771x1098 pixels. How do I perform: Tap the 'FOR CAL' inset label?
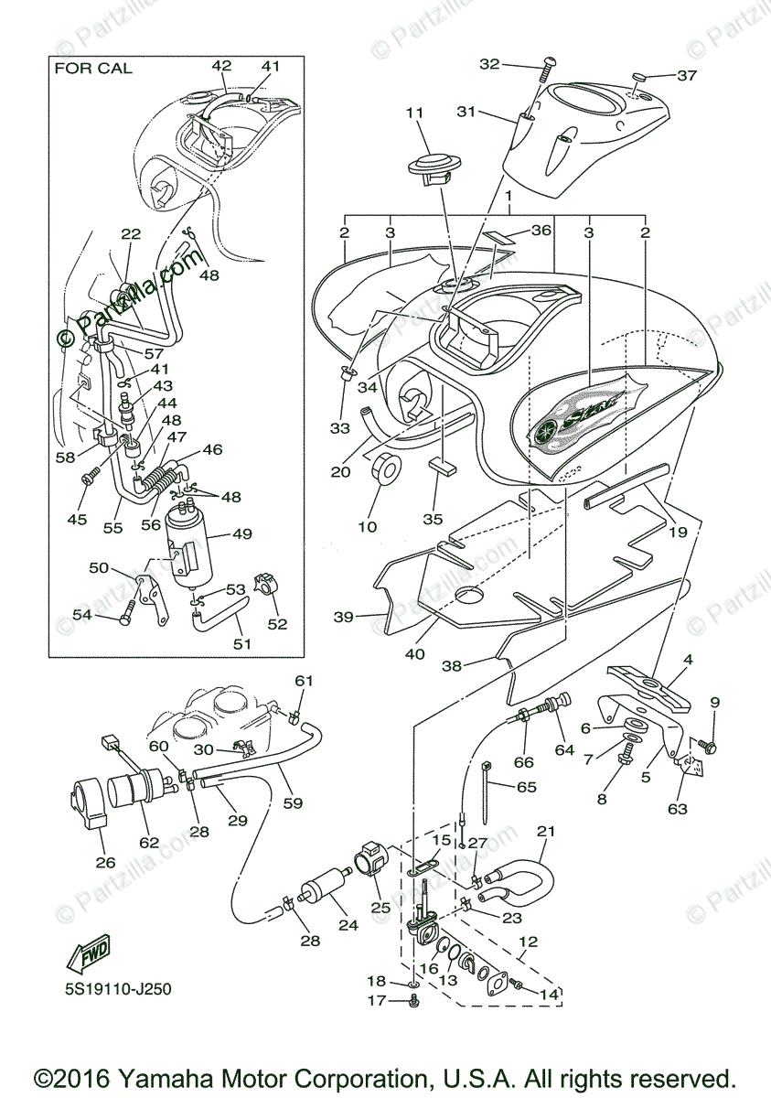[x=93, y=68]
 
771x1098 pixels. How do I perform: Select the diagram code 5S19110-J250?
[x=118, y=989]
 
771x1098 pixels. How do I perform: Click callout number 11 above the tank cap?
[x=415, y=113]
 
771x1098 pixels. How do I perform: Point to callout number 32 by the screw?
[x=490, y=64]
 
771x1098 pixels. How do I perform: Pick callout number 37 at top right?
[x=687, y=75]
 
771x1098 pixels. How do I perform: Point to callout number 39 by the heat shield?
[x=343, y=618]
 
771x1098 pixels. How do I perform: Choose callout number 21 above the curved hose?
[x=546, y=832]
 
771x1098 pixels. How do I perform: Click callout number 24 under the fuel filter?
[x=348, y=924]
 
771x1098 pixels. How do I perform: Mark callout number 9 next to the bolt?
[x=714, y=703]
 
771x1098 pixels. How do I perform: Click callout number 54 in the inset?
[x=81, y=615]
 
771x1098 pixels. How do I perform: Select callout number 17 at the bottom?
[x=377, y=1001]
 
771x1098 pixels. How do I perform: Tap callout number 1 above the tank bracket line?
[x=508, y=197]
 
